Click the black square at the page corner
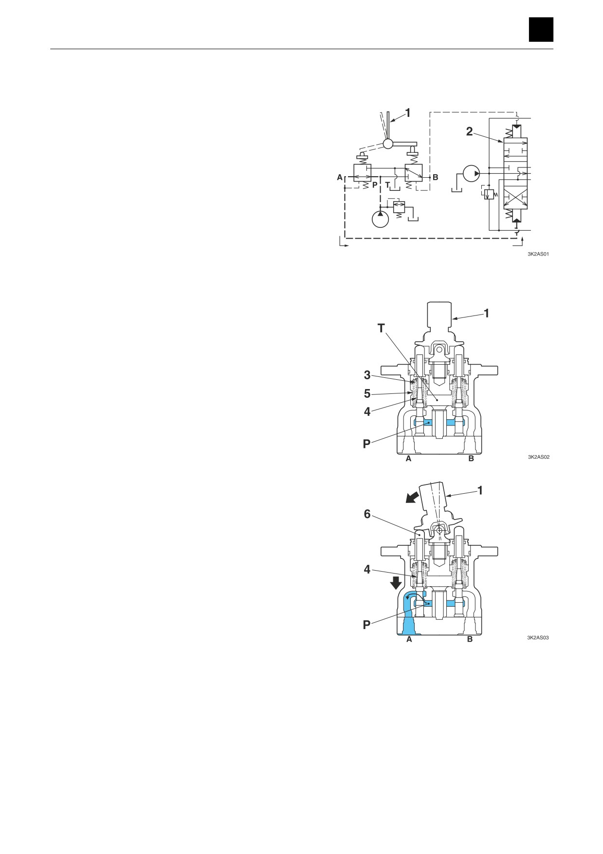pyautogui.click(x=541, y=29)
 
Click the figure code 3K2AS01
pyautogui.click(x=538, y=254)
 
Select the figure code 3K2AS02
pyautogui.click(x=538, y=457)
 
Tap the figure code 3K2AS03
pyautogui.click(x=538, y=638)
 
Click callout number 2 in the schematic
pyautogui.click(x=469, y=131)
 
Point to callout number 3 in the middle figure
pyautogui.click(x=367, y=375)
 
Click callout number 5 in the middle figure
pyautogui.click(x=367, y=393)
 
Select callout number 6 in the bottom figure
pyautogui.click(x=367, y=514)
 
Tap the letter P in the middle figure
pyautogui.click(x=367, y=444)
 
